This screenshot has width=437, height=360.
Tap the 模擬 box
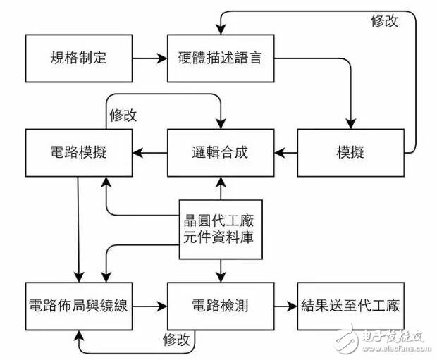click(350, 151)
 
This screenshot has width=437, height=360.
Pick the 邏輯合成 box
click(219, 151)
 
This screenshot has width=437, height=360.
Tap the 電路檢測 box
click(219, 306)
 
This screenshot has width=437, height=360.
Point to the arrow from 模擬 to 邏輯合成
click(285, 151)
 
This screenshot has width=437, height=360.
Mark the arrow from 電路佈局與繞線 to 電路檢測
click(149, 306)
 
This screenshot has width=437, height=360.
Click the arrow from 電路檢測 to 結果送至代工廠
click(284, 306)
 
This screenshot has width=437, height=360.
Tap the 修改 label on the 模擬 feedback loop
click(385, 21)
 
